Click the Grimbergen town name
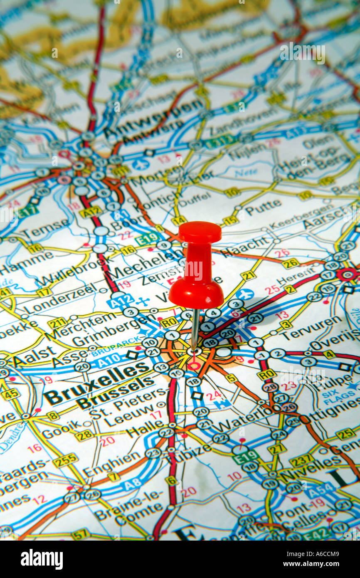[x=115, y=331]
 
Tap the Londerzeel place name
[x=61, y=299]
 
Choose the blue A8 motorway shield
[x=132, y=483]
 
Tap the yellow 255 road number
[x=66, y=460]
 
